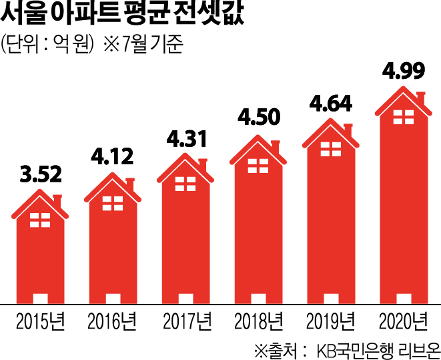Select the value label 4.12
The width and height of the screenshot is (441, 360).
pos(112,158)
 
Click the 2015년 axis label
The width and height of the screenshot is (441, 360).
pos(39,322)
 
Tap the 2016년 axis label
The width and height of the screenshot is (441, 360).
pos(111,322)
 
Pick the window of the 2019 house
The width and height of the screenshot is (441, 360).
pos(330,150)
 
